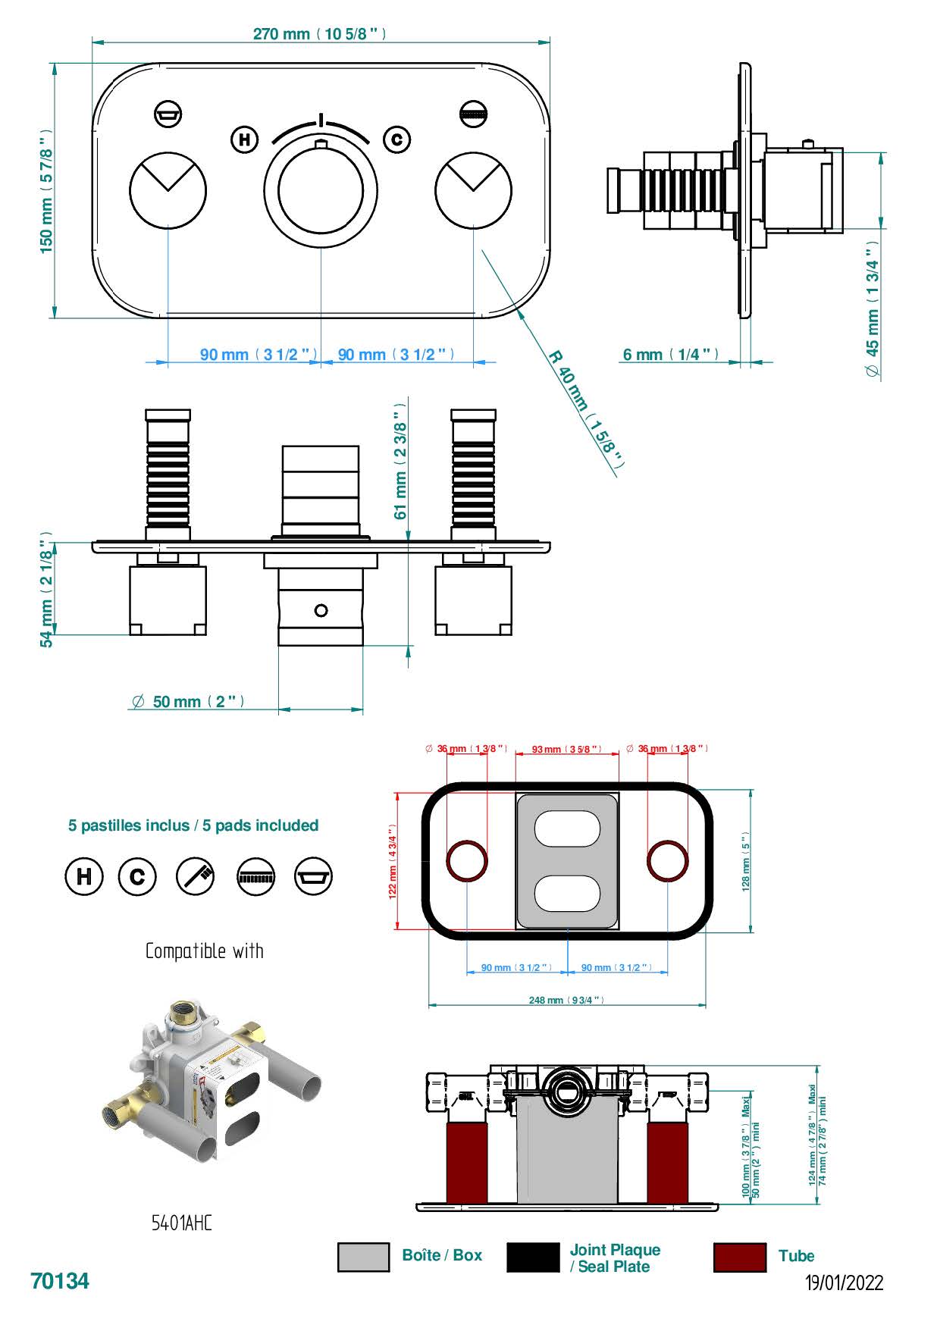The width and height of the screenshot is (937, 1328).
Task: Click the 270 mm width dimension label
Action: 319,34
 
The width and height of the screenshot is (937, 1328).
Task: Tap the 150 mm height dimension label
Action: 47,191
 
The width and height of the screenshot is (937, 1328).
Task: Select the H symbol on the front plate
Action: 244,139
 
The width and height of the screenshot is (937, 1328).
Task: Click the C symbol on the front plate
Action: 396,139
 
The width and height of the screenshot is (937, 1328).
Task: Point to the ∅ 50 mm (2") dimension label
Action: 188,702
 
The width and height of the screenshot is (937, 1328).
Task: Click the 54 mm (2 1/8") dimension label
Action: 47,590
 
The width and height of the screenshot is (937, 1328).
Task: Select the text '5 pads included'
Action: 260,825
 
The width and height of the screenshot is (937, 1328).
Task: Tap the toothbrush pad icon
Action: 196,876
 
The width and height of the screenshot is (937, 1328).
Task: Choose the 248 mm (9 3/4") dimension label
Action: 566,1001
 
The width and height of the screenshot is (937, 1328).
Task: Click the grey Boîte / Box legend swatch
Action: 363,1257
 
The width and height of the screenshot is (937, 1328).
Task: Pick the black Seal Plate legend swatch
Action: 532,1257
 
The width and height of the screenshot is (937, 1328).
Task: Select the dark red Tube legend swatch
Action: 739,1257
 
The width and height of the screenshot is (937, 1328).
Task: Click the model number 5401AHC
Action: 182,1223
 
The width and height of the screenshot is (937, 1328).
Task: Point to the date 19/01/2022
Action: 844,1283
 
